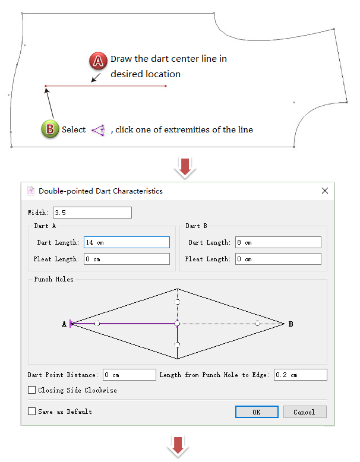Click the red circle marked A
(x=98, y=61)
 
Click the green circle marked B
(x=50, y=129)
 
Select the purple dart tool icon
(x=99, y=130)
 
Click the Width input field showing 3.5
(x=92, y=213)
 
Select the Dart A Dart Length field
(x=127, y=242)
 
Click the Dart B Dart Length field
(x=278, y=242)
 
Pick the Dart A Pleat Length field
(x=127, y=259)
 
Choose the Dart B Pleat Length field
(x=278, y=259)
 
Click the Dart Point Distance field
(x=130, y=375)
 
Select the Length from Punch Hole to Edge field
(x=301, y=375)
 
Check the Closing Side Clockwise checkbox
(x=31, y=390)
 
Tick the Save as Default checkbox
(x=31, y=411)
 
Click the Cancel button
(x=305, y=412)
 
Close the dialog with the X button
(x=325, y=191)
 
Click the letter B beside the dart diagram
(x=290, y=324)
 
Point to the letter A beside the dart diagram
(x=64, y=324)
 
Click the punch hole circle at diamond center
(x=177, y=324)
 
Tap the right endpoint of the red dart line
(x=166, y=86)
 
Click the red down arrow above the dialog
(x=185, y=168)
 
